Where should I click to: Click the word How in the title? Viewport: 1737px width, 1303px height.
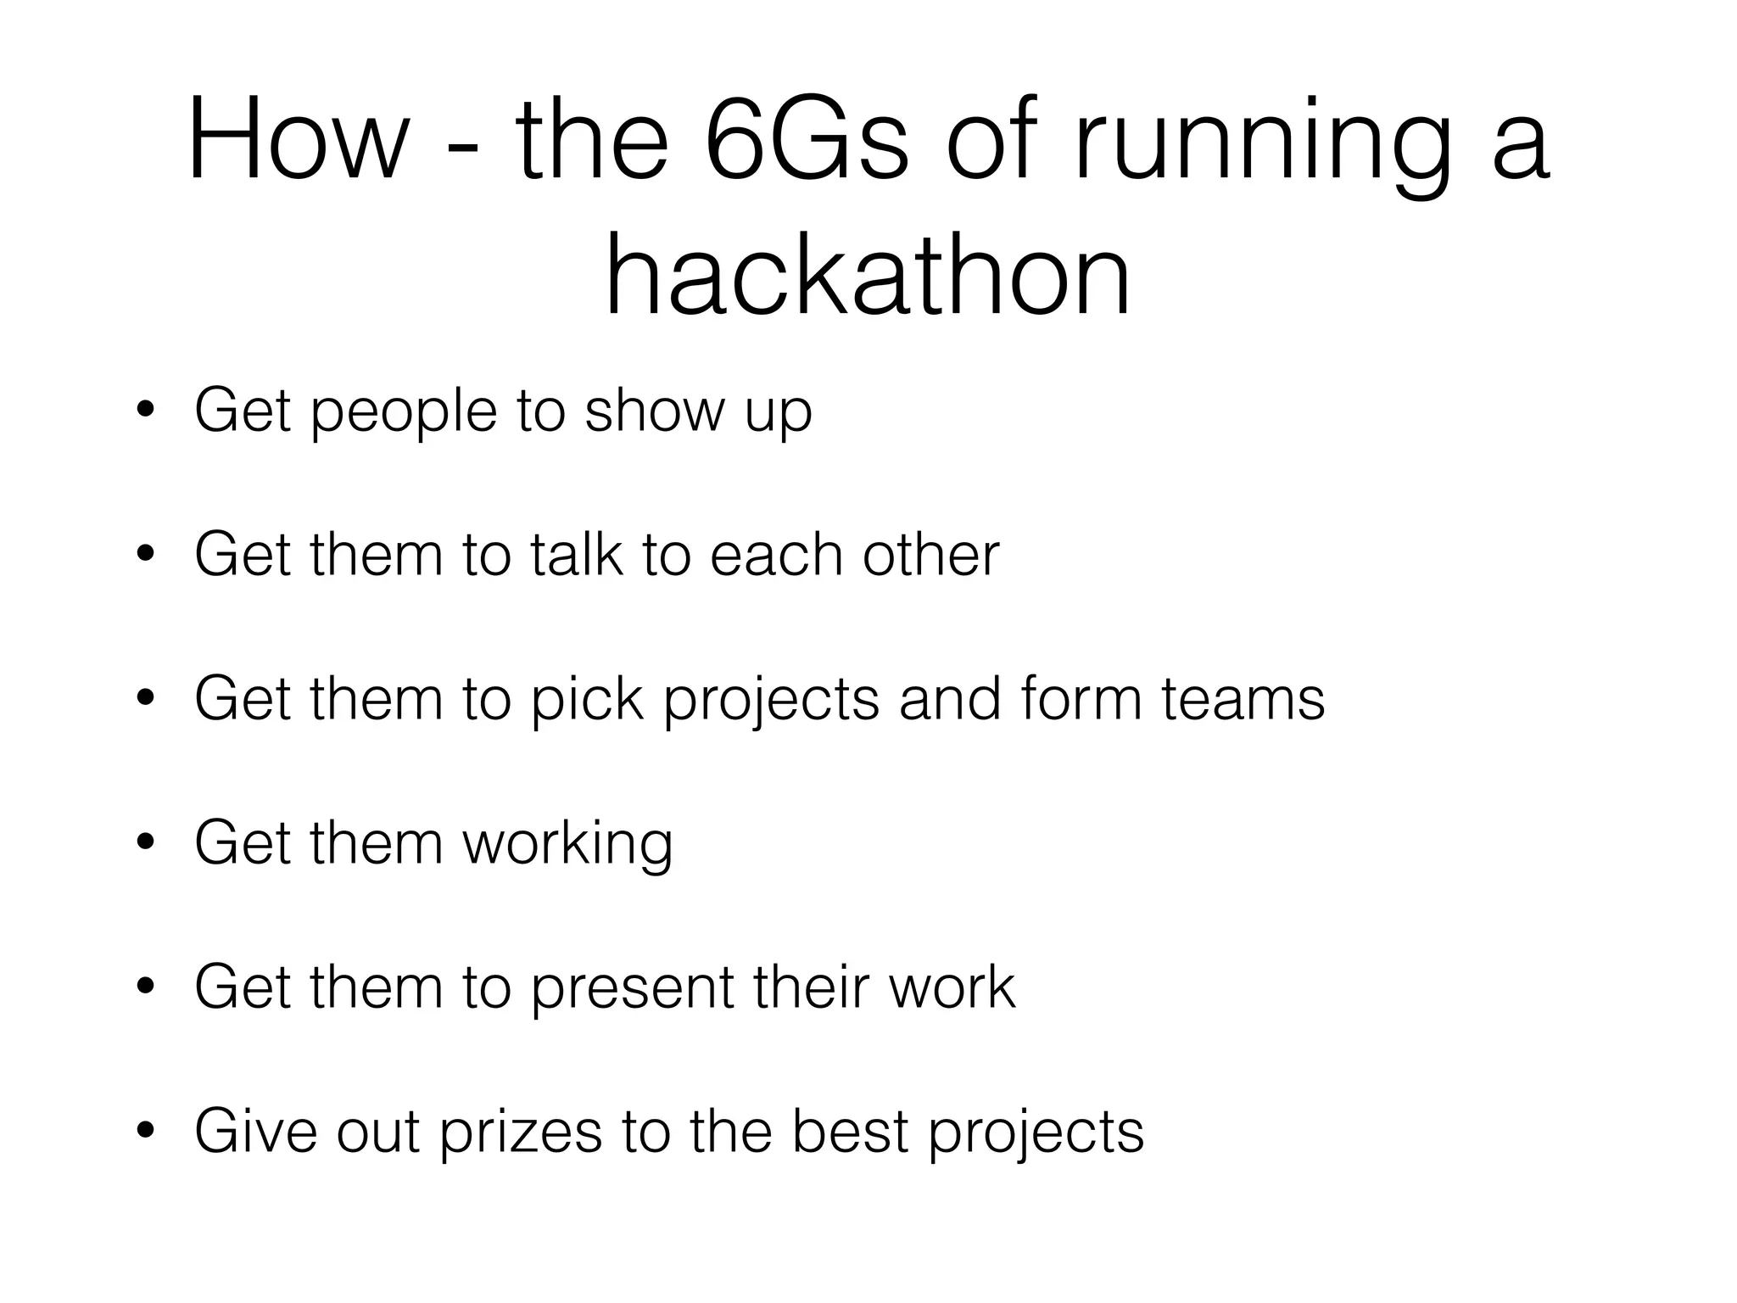point(297,141)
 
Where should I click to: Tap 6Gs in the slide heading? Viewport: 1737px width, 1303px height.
point(806,141)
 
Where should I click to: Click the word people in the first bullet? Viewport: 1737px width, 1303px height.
point(404,413)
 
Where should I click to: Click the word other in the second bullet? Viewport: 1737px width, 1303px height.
point(930,555)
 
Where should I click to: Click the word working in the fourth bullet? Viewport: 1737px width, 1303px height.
point(567,845)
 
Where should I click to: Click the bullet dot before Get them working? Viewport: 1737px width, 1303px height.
point(147,842)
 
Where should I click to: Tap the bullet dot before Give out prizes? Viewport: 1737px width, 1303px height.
point(147,1130)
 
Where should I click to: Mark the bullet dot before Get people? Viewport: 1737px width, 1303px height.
point(147,411)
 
